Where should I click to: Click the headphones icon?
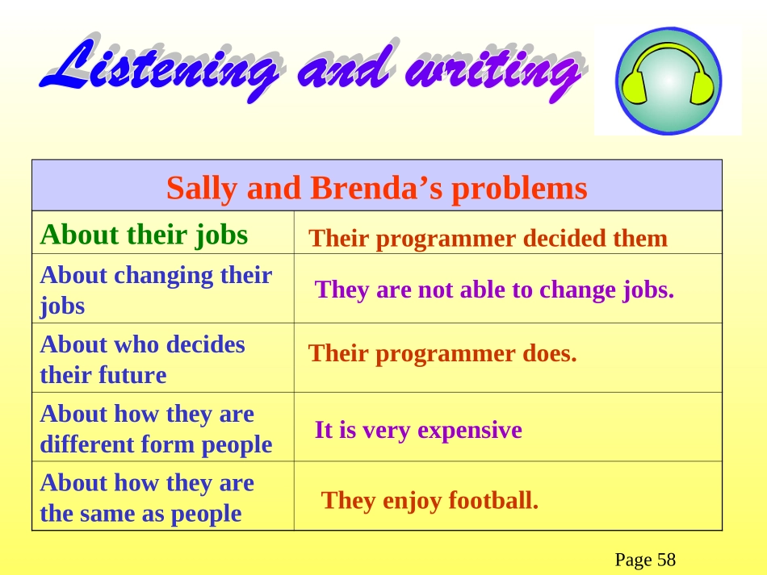(x=669, y=81)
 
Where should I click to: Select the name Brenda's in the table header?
(x=376, y=189)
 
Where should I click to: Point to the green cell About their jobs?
(x=145, y=235)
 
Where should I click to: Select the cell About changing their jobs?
(x=156, y=290)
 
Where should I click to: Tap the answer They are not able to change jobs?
(x=494, y=290)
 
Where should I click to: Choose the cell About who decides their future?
(x=142, y=360)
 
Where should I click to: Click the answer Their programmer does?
(x=442, y=353)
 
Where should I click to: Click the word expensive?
(x=470, y=431)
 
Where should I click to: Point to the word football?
(x=493, y=500)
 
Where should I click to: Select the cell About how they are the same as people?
(x=147, y=498)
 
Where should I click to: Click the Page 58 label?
(x=645, y=560)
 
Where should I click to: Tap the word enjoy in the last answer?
(x=413, y=502)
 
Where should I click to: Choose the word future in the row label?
(x=133, y=375)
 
